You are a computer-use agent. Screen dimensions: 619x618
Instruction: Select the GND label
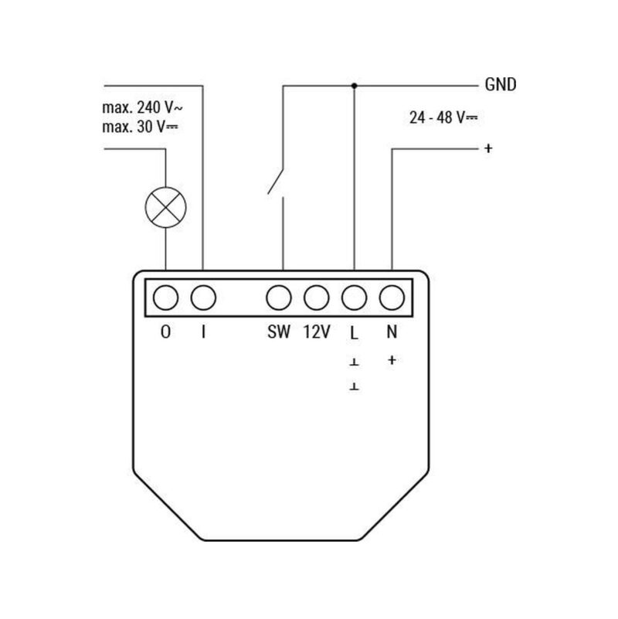[x=500, y=85]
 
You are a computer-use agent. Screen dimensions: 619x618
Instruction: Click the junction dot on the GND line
[x=354, y=84]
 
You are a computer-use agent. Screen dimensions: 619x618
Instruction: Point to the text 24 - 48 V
[x=442, y=118]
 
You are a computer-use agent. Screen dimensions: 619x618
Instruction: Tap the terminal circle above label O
[x=165, y=297]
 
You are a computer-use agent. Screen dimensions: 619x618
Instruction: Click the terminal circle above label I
[x=202, y=297]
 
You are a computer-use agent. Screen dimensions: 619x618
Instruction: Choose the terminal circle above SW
[x=278, y=297]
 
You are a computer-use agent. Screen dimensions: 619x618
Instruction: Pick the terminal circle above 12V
[x=316, y=297]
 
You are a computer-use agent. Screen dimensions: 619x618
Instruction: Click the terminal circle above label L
[x=354, y=297]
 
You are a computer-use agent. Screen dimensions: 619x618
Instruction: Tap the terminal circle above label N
[x=392, y=297]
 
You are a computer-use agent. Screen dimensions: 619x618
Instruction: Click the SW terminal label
[x=278, y=333]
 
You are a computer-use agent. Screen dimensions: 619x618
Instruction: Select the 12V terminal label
[x=316, y=333]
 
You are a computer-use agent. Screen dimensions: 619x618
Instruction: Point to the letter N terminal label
[x=392, y=333]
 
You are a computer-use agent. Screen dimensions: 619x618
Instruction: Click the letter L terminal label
[x=354, y=333]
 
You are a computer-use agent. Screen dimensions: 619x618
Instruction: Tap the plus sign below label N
[x=392, y=359]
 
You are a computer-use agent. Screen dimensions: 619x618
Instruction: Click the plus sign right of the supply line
[x=487, y=148]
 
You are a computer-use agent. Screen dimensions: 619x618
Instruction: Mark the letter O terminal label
[x=165, y=333]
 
